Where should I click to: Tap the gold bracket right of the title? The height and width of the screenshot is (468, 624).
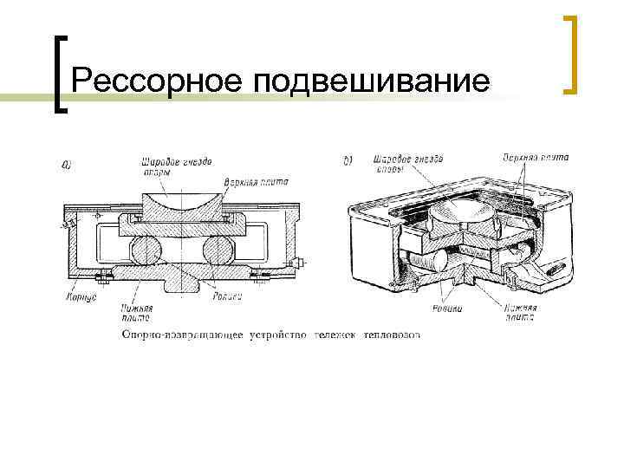(571, 55)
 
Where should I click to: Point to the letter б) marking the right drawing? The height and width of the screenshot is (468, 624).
(348, 160)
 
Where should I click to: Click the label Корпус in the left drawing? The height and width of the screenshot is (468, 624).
(81, 296)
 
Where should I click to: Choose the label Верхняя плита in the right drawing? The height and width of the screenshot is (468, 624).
(535, 158)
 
